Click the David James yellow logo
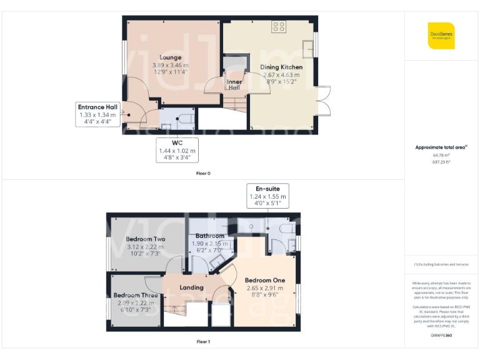pyautogui.click(x=441, y=36)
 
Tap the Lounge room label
pyautogui.click(x=170, y=57)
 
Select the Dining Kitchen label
pyautogui.click(x=282, y=67)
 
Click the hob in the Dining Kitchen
pyautogui.click(x=279, y=27)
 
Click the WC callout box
pyautogui.click(x=177, y=150)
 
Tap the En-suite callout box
pyautogui.click(x=267, y=196)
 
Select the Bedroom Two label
pyautogui.click(x=145, y=239)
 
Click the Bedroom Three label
pyautogui.click(x=136, y=295)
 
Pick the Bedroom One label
pyautogui.click(x=264, y=280)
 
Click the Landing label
pyautogui.click(x=191, y=287)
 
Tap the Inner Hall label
pyautogui.click(x=234, y=84)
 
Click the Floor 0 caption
pyautogui.click(x=203, y=173)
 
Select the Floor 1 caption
pyautogui.click(x=203, y=342)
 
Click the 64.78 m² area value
pyautogui.click(x=441, y=156)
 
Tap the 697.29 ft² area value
pyautogui.click(x=441, y=162)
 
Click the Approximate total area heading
pyautogui.click(x=441, y=147)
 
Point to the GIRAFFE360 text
pyautogui.click(x=441, y=336)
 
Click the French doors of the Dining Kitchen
pyautogui.click(x=323, y=101)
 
